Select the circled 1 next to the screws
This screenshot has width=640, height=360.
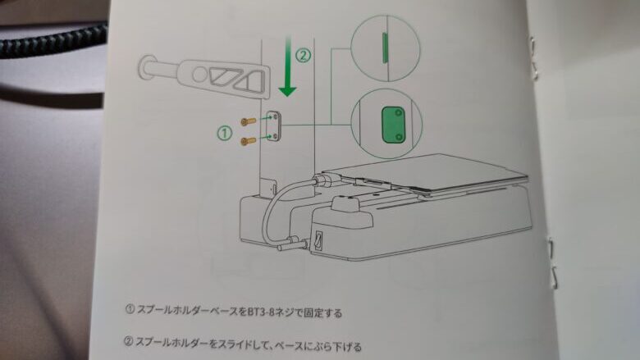[223, 130]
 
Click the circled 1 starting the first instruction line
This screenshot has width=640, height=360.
[130, 312]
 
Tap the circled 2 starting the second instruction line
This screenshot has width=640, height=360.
[130, 345]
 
